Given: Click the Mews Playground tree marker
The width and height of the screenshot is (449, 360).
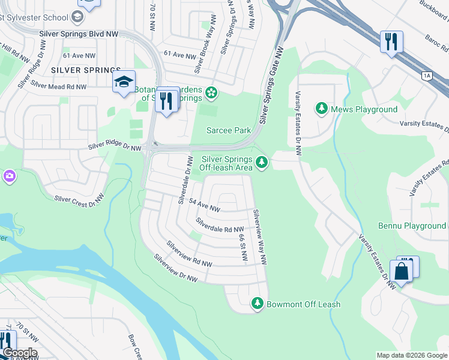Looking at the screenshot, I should (x=322, y=109).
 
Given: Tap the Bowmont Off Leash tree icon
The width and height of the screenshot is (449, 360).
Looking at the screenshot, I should (x=258, y=304).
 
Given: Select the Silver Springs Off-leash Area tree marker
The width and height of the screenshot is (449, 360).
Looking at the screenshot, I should (x=261, y=162).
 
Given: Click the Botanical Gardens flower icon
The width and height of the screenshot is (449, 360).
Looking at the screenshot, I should (x=211, y=92).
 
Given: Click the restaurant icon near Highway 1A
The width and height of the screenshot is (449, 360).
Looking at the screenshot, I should (x=391, y=42).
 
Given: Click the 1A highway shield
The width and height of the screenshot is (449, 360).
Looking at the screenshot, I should (x=427, y=76).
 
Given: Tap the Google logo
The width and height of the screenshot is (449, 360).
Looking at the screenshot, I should (x=19, y=353).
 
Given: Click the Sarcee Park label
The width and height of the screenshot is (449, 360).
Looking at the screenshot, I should (x=229, y=130).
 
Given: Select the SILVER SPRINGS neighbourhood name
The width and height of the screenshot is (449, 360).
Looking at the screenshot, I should (x=86, y=70).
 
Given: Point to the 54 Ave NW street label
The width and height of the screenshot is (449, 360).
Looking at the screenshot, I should (x=204, y=206).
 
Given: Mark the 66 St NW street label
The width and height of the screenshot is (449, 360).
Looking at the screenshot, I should (x=243, y=245).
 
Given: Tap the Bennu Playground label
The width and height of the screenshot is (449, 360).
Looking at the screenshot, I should (x=412, y=226).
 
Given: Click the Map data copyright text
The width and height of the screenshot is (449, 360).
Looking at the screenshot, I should (x=412, y=355).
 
